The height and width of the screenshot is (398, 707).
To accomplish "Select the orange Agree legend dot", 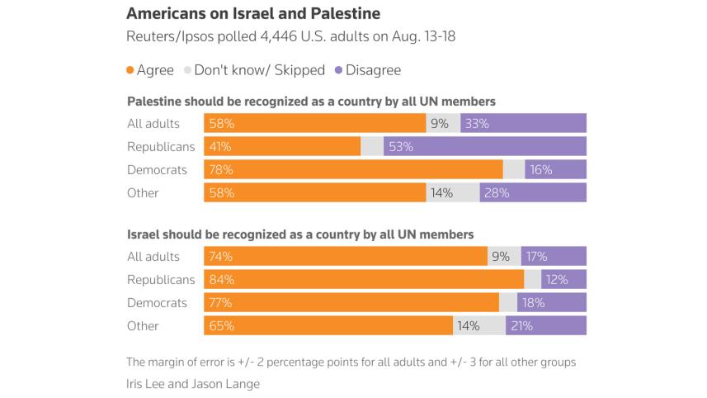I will (130, 70).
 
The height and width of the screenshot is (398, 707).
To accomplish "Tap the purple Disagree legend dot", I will (338, 70).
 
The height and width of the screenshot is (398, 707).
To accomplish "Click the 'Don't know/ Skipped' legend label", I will (259, 70).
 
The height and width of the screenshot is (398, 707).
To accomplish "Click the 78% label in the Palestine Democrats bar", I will (222, 170).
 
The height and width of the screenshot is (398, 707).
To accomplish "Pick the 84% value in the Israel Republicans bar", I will (222, 280).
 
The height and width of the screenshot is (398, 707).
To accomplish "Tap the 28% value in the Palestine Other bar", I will (496, 193).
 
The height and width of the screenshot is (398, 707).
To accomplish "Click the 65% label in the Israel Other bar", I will (222, 326).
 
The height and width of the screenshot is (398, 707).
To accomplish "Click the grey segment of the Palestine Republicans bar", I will (372, 147).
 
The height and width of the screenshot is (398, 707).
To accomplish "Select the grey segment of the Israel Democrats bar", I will (508, 303).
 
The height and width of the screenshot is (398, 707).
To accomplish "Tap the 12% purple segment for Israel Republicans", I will (563, 280).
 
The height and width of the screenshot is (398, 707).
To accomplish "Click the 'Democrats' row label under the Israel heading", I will (157, 303).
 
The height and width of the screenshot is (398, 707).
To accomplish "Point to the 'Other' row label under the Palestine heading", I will (143, 193).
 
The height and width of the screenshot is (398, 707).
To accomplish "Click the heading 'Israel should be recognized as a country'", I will (299, 235).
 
